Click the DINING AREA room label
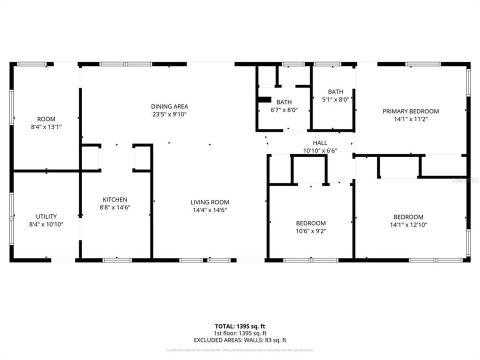(x=169, y=106)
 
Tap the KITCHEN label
(x=115, y=199)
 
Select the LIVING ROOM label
(x=209, y=202)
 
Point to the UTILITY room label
(x=46, y=216)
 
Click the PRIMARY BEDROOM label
(x=410, y=111)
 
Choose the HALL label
(x=320, y=143)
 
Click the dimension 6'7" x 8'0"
(x=284, y=110)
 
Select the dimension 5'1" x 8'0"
(x=335, y=99)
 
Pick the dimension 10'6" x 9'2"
(x=310, y=231)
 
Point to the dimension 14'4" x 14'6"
(x=209, y=210)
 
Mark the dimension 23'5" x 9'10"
(x=169, y=114)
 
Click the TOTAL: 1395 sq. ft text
(x=239, y=326)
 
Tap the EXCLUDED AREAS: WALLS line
(x=239, y=340)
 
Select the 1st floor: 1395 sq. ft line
(x=239, y=333)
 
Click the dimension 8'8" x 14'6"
(x=115, y=207)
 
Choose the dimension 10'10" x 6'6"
(x=320, y=150)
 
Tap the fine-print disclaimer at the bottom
(x=239, y=350)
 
